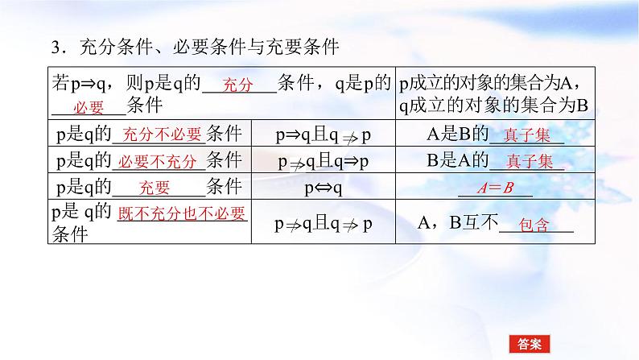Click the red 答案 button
529,343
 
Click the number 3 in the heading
56,48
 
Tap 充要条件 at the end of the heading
307,48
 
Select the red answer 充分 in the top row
237,85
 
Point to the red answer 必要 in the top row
89,108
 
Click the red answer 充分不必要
159,135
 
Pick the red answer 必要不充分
158,162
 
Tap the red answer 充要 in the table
155,188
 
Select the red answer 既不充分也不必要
182,214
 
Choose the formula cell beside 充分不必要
324,134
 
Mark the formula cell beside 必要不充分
324,161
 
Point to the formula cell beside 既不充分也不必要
324,224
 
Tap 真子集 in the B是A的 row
528,162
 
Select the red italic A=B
495,188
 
